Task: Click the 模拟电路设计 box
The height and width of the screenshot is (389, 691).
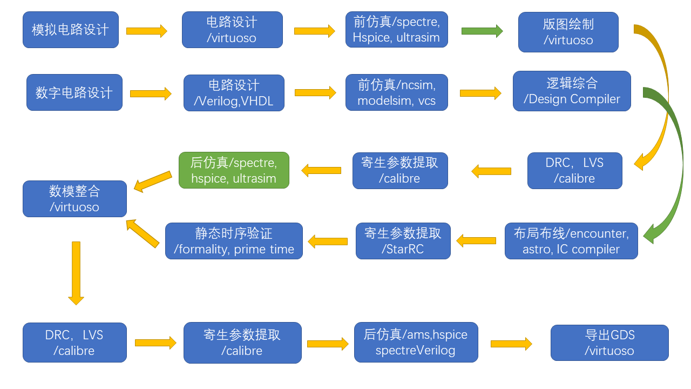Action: pyautogui.click(x=70, y=30)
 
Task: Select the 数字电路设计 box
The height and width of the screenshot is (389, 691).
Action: pyautogui.click(x=74, y=92)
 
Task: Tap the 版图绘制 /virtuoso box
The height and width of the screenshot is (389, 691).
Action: pyautogui.click(x=568, y=32)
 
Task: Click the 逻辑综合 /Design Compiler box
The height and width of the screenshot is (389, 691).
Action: pyautogui.click(x=572, y=91)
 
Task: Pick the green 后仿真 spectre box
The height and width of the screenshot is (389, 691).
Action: pyautogui.click(x=234, y=170)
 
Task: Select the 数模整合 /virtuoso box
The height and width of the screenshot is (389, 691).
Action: pyautogui.click(x=74, y=199)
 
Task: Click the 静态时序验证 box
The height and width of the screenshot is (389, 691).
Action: pyautogui.click(x=234, y=241)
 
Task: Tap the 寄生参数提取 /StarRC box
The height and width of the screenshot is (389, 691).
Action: pyautogui.click(x=403, y=241)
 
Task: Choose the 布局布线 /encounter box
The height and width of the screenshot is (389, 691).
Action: pyautogui.click(x=571, y=241)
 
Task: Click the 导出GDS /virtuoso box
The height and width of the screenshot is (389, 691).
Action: pyautogui.click(x=609, y=343)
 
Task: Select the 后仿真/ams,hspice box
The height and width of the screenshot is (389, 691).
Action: pyautogui.click(x=416, y=343)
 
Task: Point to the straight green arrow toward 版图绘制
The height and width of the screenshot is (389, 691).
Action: pyautogui.click(x=482, y=31)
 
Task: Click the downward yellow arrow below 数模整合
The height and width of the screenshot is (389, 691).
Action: pyautogui.click(x=76, y=273)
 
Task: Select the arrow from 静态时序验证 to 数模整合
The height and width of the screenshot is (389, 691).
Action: pyautogui.click(x=143, y=233)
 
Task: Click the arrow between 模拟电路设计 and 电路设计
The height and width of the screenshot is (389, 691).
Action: pyautogui.click(x=146, y=31)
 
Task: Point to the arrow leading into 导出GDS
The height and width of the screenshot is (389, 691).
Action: pyautogui.click(x=511, y=344)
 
